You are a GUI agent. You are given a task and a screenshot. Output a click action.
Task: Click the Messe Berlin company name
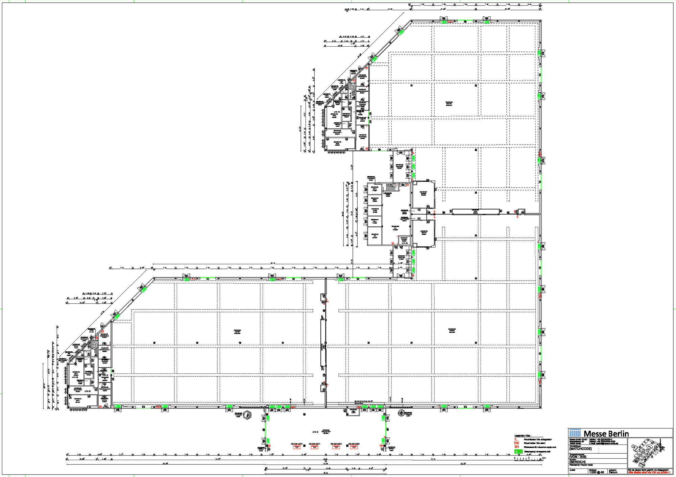606,434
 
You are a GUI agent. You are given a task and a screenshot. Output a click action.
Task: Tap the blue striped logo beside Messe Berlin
575,433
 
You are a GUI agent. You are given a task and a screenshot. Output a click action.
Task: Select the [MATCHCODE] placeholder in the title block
580,449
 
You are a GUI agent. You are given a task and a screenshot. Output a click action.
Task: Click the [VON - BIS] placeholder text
578,457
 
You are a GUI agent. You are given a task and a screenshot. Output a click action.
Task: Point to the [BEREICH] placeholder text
577,462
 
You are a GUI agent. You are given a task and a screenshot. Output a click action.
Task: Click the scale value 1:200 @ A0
597,472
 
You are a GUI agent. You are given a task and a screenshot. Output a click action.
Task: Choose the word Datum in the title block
613,472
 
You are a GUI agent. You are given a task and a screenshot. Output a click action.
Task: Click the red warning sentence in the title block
649,472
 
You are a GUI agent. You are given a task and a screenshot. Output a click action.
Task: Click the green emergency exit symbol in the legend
518,451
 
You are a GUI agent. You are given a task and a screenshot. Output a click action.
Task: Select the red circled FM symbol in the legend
516,443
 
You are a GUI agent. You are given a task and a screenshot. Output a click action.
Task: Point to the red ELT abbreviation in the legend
516,447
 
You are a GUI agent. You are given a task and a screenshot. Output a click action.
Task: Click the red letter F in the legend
515,440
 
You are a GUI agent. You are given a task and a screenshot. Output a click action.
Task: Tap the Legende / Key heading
523,436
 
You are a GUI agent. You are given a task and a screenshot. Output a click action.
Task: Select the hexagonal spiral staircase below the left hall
248,415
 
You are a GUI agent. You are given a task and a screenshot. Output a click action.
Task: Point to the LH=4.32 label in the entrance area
315,432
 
